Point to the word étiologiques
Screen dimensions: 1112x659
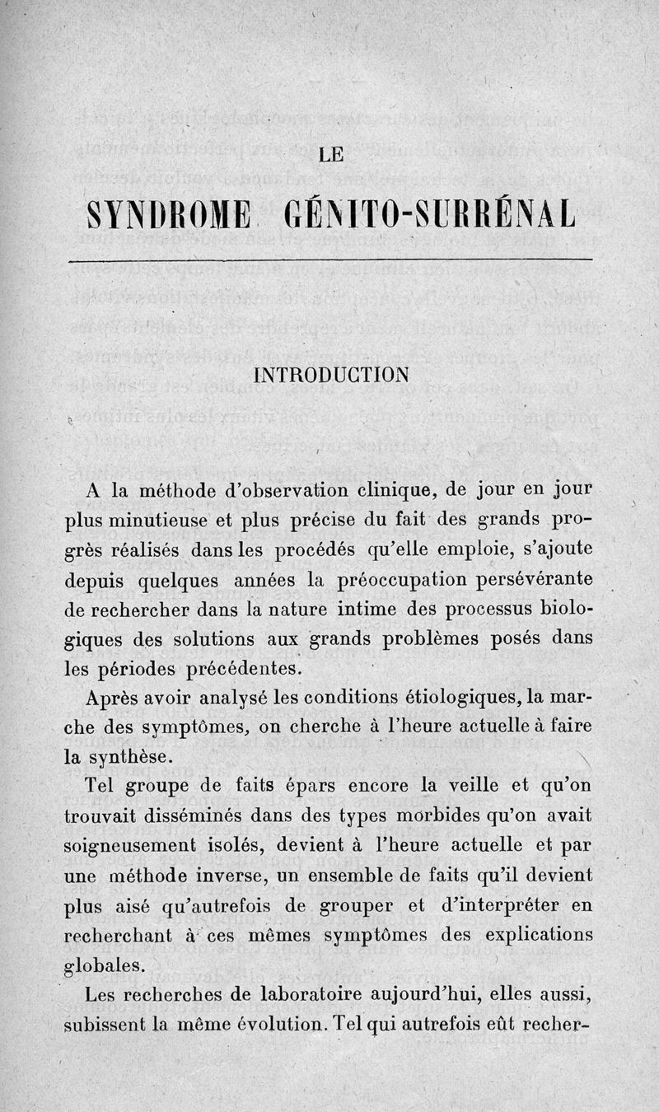point(460,698)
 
